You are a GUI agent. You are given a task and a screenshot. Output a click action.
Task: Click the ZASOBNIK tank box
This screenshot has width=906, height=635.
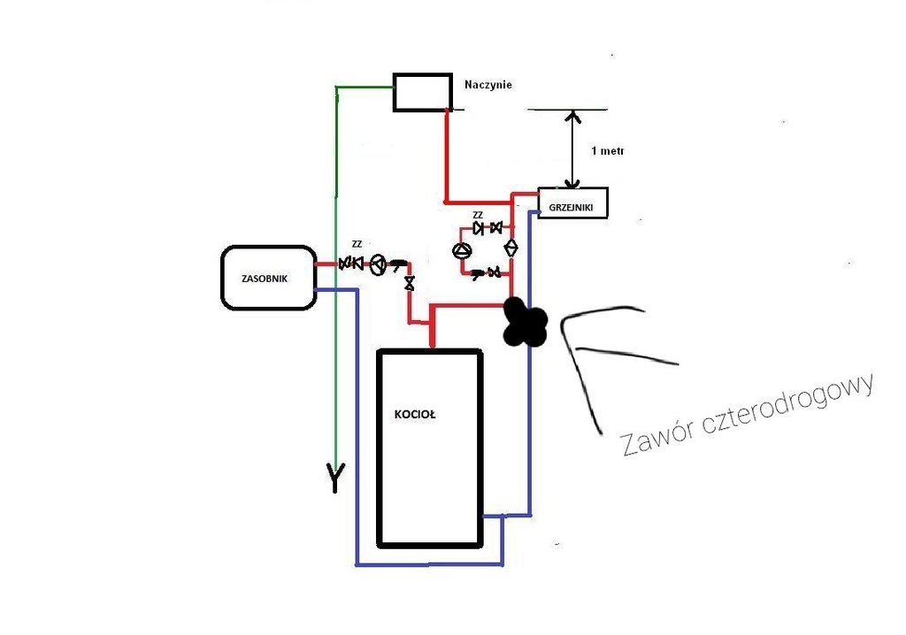(x=268, y=278)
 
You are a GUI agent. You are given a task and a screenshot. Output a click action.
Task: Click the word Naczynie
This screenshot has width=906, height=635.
(x=488, y=85)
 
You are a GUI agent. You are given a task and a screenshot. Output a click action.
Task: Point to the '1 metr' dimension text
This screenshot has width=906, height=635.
(x=607, y=151)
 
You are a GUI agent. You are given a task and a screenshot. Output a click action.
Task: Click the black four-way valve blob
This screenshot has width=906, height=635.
(x=525, y=322)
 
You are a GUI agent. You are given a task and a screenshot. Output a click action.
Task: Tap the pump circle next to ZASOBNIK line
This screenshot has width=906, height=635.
(x=378, y=264)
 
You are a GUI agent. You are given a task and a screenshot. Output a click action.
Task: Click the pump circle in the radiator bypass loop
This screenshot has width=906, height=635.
(x=462, y=250)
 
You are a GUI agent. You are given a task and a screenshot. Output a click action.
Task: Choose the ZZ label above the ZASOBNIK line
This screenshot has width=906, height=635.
(x=357, y=243)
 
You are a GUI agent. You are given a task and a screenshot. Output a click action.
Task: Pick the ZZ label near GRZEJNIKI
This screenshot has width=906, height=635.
(x=478, y=215)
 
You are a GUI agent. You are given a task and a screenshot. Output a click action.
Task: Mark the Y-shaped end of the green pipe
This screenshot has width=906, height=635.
(x=335, y=477)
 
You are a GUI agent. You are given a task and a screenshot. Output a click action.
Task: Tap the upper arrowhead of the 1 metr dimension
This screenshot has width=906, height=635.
(x=573, y=116)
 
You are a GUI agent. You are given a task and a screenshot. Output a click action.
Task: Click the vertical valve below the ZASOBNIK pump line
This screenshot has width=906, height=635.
(x=409, y=284)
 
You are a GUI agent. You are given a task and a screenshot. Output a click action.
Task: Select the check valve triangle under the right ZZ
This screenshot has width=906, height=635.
(x=480, y=228)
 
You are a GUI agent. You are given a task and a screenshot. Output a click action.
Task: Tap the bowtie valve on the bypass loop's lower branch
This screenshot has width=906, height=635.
(x=495, y=272)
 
